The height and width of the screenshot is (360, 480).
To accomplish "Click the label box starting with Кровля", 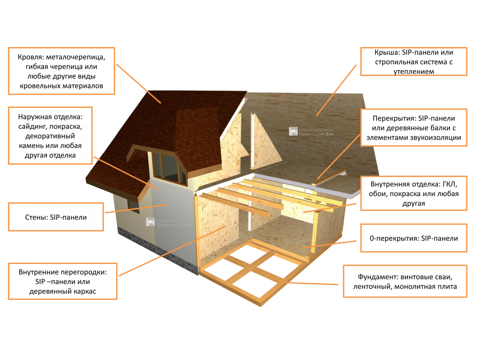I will click(61, 71).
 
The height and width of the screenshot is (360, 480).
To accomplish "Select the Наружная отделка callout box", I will click(50, 136).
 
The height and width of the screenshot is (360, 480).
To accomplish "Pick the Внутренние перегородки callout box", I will click(62, 281).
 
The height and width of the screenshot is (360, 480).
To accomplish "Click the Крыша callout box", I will click(414, 62).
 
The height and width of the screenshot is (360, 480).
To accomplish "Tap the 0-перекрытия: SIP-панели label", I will click(414, 238).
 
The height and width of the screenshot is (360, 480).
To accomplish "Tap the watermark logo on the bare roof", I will click(294, 132).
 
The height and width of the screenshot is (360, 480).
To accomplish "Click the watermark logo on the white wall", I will click(150, 222).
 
